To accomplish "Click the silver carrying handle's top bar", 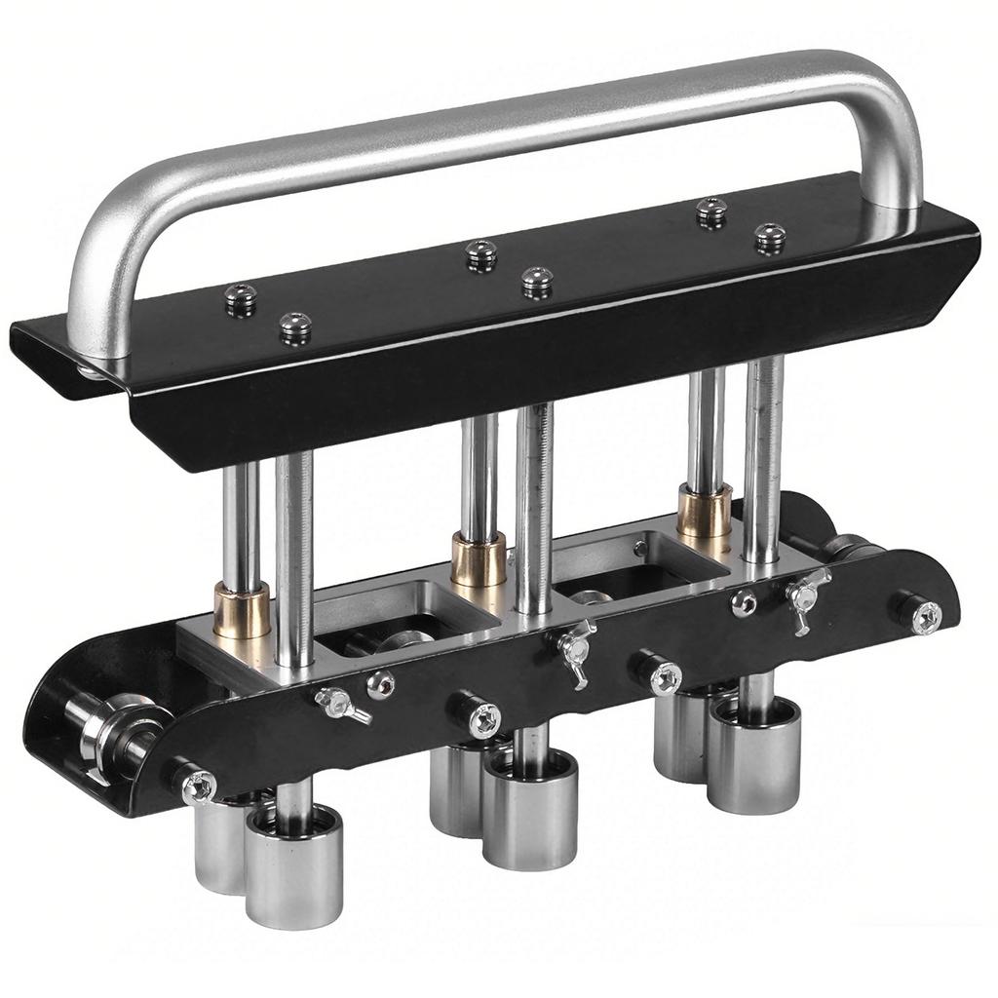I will pyautogui.click(x=487, y=127).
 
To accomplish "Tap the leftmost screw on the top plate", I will pyautogui.click(x=240, y=297).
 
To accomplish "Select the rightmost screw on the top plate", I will pyautogui.click(x=770, y=237).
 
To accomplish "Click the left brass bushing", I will pyautogui.click(x=241, y=609).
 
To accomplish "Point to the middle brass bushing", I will pyautogui.click(x=479, y=558).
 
